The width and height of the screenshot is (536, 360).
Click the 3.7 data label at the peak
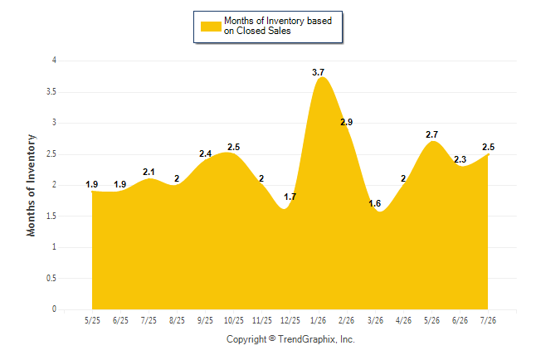pyautogui.click(x=318, y=72)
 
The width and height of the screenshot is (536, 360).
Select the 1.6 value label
pyautogui.click(x=375, y=204)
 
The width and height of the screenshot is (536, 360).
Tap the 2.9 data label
pyautogui.click(x=346, y=122)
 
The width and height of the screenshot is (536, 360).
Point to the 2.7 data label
pyautogui.click(x=431, y=134)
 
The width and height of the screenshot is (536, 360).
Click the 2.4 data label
pyautogui.click(x=205, y=153)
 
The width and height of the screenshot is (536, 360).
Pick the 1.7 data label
pyautogui.click(x=290, y=197)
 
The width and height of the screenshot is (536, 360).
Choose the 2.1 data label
pyautogui.click(x=149, y=172)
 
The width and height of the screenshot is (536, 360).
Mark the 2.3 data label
pyautogui.click(x=460, y=159)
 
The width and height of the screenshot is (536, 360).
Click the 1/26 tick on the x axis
pyautogui.click(x=318, y=320)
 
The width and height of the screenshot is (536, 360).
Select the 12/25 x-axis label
pyautogui.click(x=290, y=320)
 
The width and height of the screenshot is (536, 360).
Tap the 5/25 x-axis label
pyautogui.click(x=92, y=320)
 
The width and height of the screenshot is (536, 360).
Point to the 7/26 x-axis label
pyautogui.click(x=488, y=320)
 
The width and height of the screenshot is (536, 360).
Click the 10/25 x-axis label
pyautogui.click(x=233, y=320)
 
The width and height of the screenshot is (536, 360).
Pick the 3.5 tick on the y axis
pyautogui.click(x=51, y=92)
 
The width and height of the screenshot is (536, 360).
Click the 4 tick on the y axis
pyautogui.click(x=54, y=61)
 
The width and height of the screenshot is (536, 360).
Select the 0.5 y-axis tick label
pyautogui.click(x=51, y=278)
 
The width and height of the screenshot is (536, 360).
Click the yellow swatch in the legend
pyautogui.click(x=211, y=27)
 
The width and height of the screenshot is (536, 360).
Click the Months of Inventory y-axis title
pyautogui.click(x=31, y=185)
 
